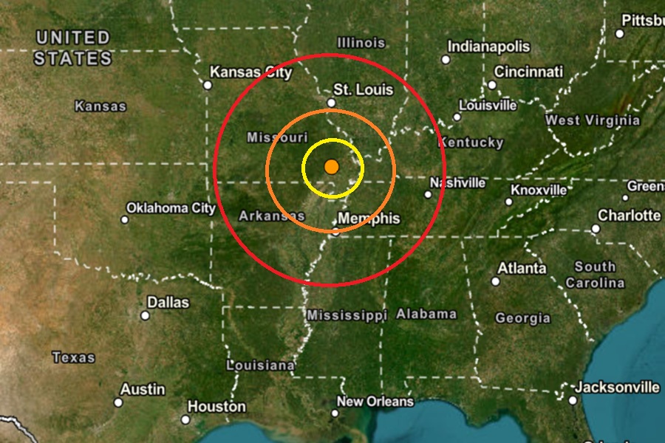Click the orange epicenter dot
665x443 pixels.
point(331,167)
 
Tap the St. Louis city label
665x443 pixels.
point(364,90)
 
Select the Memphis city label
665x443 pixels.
point(369,219)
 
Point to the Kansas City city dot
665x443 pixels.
point(208,85)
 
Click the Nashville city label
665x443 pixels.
point(458,182)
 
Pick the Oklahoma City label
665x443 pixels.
point(171,208)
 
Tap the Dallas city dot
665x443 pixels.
point(146,315)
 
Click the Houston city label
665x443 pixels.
point(216,407)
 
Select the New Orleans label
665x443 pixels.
point(375,402)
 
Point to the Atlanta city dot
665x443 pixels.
point(496,281)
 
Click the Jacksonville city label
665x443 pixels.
point(618,387)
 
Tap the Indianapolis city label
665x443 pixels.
point(488,47)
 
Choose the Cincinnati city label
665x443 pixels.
point(528,72)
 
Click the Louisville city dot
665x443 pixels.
point(457,117)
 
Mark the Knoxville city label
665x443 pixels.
point(539,190)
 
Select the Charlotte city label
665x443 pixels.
point(630,216)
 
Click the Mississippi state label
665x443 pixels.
point(347,315)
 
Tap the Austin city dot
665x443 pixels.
point(118,402)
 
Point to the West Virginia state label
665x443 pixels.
point(593,120)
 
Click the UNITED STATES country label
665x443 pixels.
point(73,48)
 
